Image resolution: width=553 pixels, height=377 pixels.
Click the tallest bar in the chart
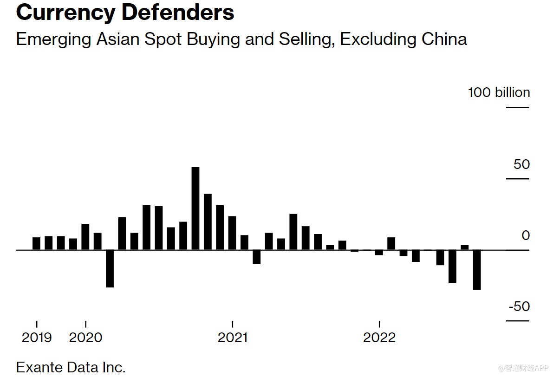(x=195, y=208)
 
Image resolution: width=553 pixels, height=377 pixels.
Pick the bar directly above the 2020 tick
(x=85, y=237)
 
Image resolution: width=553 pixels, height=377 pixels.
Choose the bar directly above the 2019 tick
(x=37, y=243)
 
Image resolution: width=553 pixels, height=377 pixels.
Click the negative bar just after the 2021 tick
(x=256, y=257)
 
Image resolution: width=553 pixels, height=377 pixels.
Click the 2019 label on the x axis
(x=37, y=338)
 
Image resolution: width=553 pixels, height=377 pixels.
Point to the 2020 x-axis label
(x=85, y=338)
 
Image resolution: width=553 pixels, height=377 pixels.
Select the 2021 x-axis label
(x=233, y=338)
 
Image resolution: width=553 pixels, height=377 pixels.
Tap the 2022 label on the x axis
(x=379, y=338)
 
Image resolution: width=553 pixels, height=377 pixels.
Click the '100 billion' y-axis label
(x=499, y=92)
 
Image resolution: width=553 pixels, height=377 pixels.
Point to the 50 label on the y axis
(x=521, y=164)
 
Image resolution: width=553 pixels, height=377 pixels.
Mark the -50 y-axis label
(x=519, y=306)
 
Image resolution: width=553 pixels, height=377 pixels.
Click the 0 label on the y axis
(x=526, y=235)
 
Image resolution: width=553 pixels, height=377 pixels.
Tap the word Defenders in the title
(x=178, y=13)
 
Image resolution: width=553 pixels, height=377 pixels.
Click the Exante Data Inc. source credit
(x=71, y=367)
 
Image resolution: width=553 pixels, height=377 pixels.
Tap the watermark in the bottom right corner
(x=523, y=368)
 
